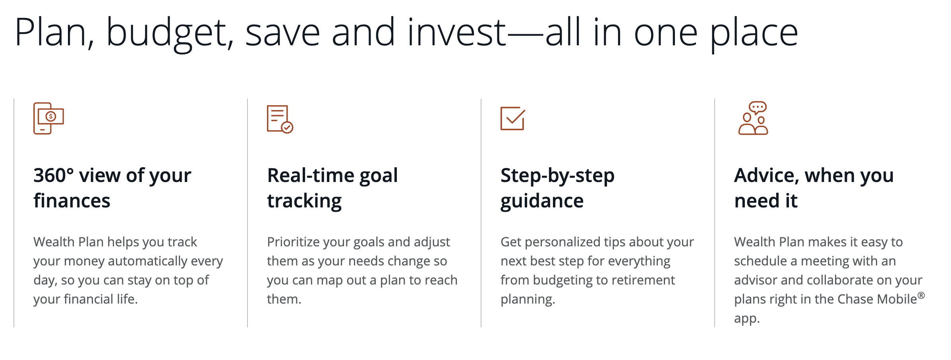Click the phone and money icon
point(48,118)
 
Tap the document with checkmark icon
point(280,119)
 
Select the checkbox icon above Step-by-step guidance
point(512,118)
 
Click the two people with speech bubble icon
point(753,118)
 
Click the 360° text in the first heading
point(54,176)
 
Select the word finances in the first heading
point(72,201)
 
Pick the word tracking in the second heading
point(304,201)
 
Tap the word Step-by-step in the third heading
point(557,176)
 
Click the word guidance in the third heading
point(542,201)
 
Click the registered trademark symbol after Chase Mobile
point(921,296)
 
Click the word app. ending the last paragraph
point(747,319)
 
